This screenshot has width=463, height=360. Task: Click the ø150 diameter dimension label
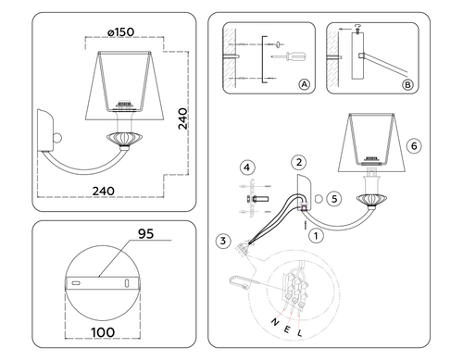pyautogui.click(x=120, y=32)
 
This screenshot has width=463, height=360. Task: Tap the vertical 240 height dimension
pyautogui.click(x=182, y=118)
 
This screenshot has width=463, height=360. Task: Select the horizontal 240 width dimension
pyautogui.click(x=104, y=192)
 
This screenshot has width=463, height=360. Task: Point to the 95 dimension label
pyautogui.click(x=145, y=234)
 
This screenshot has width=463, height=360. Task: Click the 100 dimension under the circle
pyautogui.click(x=103, y=332)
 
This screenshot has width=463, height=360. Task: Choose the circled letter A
pyautogui.click(x=305, y=84)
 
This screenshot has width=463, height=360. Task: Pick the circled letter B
pyautogui.click(x=407, y=84)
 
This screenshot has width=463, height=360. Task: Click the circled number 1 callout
pyautogui.click(x=316, y=236)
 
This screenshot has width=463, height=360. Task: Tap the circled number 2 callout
pyautogui.click(x=299, y=162)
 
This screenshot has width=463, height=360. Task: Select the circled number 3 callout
pyautogui.click(x=223, y=241)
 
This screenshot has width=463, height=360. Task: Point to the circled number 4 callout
pyautogui.click(x=247, y=168)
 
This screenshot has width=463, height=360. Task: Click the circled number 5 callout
pyautogui.click(x=334, y=199)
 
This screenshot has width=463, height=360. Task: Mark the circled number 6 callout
pyautogui.click(x=414, y=145)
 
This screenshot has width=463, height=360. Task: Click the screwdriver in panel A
pyautogui.click(x=289, y=56)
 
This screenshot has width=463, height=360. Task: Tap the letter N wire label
pyautogui.click(x=274, y=322)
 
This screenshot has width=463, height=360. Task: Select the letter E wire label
pyautogui.click(x=286, y=329)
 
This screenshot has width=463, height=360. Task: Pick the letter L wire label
pyautogui.click(x=300, y=333)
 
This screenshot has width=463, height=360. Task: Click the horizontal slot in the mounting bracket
pyautogui.click(x=76, y=283)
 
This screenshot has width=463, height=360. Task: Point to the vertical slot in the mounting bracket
pyautogui.click(x=126, y=283)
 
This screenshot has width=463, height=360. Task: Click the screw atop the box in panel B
pyautogui.click(x=358, y=29)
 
